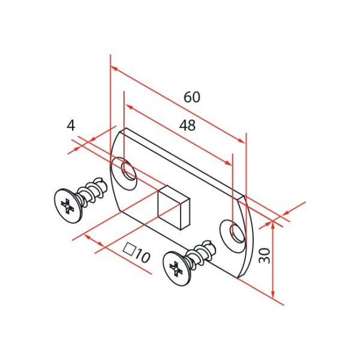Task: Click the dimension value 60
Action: [192, 97]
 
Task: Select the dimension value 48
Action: [187, 125]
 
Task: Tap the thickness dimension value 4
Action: [71, 125]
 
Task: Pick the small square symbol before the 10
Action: [128, 249]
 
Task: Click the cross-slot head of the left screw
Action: [67, 206]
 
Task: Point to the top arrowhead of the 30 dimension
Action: [272, 224]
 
